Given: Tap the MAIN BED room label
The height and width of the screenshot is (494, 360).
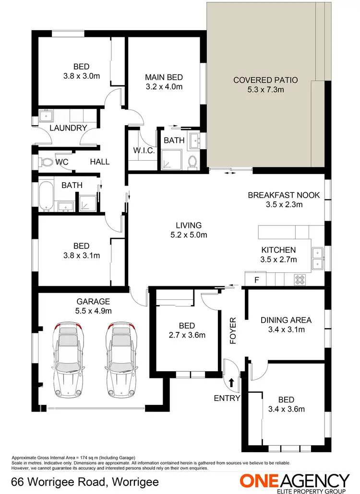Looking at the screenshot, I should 164,77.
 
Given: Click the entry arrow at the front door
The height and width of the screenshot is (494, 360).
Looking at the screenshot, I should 232,382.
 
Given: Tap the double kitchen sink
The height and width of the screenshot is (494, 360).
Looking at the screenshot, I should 317,258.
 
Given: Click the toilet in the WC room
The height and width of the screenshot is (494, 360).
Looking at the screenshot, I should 46,163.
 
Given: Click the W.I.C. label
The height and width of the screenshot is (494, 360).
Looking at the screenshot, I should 143,151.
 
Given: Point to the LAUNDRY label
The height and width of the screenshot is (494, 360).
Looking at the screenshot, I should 68,128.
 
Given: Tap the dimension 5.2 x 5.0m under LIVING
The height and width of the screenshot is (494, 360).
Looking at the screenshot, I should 189,235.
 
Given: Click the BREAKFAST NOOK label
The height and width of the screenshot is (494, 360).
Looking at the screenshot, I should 283,195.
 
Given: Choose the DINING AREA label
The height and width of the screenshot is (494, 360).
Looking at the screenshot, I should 286,320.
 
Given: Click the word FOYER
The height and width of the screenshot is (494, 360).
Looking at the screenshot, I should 233,330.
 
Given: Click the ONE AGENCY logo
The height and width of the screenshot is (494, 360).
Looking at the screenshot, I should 294,481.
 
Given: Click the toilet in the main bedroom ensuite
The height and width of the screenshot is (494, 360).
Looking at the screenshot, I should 193,162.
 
